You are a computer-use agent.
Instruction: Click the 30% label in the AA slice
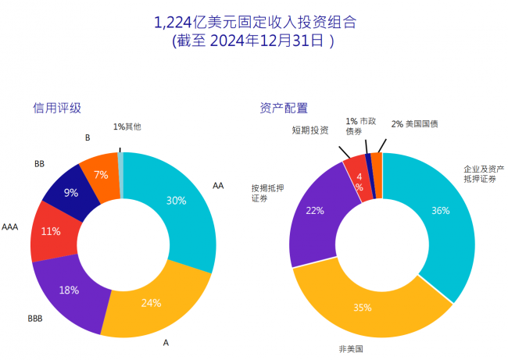coord(176,201)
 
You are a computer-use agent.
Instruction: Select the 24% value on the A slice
coord(152,303)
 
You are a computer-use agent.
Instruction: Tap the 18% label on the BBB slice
coord(69,290)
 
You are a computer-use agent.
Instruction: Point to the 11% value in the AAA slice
coord(50,231)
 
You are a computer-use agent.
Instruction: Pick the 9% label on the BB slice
coord(70,193)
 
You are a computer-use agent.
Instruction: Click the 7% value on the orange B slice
coord(101,175)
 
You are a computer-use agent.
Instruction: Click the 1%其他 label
coord(127,127)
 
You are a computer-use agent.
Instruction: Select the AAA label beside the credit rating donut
coord(10,228)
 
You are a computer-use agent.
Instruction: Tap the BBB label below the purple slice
coord(35,319)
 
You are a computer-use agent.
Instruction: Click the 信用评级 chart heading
coord(56,108)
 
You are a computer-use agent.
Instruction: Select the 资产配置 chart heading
coord(283,108)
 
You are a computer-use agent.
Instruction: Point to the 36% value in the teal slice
coord(441,211)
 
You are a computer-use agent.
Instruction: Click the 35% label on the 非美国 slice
coord(362,307)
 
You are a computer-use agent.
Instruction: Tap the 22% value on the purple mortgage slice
coord(315,211)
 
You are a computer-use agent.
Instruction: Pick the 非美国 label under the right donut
coord(351,348)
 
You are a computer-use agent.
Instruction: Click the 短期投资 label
coord(310,130)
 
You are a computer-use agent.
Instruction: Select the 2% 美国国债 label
coord(415,124)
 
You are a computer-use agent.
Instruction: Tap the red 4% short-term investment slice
coord(358,181)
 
